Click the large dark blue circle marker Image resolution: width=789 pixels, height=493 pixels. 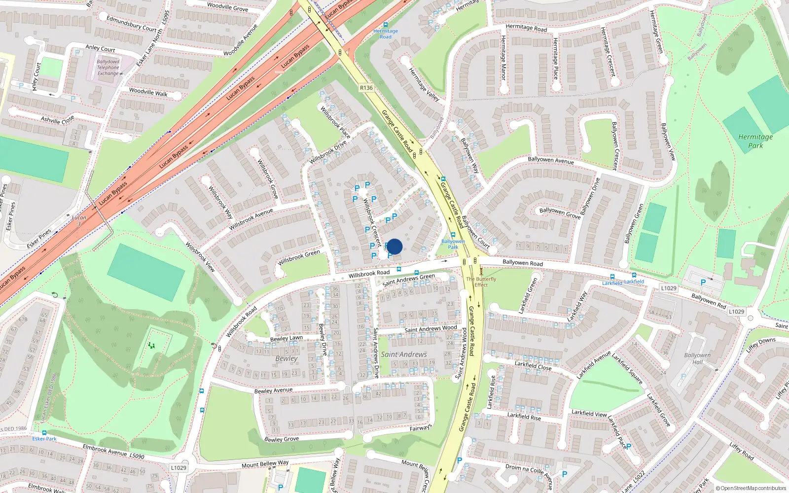point(394,246)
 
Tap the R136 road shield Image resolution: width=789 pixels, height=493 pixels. point(366,88)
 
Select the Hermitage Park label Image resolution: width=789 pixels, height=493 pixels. point(755,141)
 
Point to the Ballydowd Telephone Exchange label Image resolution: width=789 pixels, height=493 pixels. point(108,68)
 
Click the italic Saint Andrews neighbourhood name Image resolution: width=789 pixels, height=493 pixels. point(404,354)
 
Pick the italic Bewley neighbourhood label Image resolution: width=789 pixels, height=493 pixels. point(287,358)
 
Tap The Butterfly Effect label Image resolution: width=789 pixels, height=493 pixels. point(481,282)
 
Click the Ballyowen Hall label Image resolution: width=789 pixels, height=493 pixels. point(697,358)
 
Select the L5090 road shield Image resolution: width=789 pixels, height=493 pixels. point(137,456)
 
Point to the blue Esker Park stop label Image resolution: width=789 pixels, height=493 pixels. point(44,438)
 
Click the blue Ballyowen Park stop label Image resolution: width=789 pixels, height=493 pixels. point(453,244)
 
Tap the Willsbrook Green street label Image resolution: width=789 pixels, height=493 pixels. point(299,257)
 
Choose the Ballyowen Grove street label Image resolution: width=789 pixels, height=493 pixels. point(560,212)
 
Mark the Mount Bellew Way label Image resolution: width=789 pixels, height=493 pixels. point(265,464)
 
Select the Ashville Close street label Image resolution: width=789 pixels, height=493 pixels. point(58,119)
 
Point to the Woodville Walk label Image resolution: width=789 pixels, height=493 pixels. point(148,92)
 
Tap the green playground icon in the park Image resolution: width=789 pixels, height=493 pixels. point(151,346)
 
